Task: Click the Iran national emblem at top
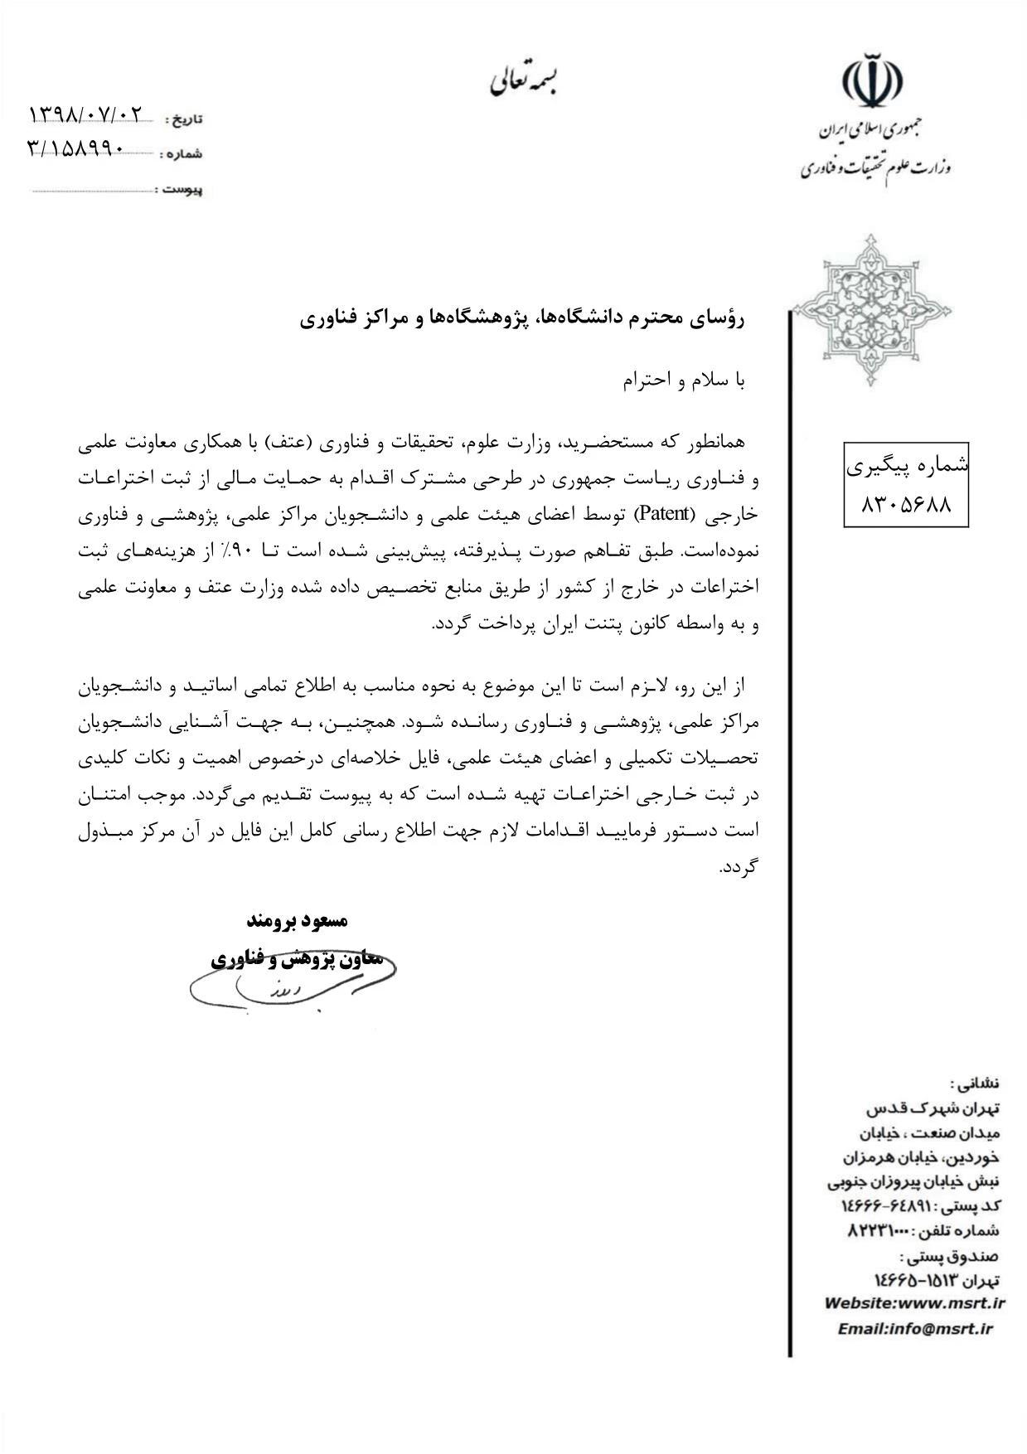(872, 80)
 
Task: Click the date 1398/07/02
(86, 114)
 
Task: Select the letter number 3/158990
(76, 148)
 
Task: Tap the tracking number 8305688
(906, 504)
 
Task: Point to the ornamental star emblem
(871, 309)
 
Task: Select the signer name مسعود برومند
(298, 921)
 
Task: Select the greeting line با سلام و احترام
(685, 380)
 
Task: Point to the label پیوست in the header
(182, 190)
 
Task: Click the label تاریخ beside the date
(187, 119)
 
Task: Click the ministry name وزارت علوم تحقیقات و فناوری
(875, 168)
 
